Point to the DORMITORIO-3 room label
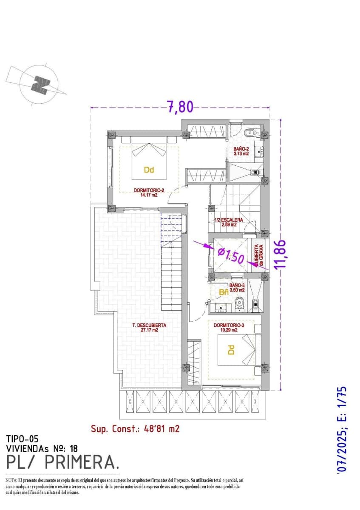click(x=230, y=327)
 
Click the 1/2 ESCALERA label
click(x=229, y=222)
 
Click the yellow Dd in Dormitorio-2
click(x=148, y=170)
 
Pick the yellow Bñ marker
click(x=224, y=292)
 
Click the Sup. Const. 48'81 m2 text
click(x=135, y=429)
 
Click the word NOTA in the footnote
click(x=11, y=480)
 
